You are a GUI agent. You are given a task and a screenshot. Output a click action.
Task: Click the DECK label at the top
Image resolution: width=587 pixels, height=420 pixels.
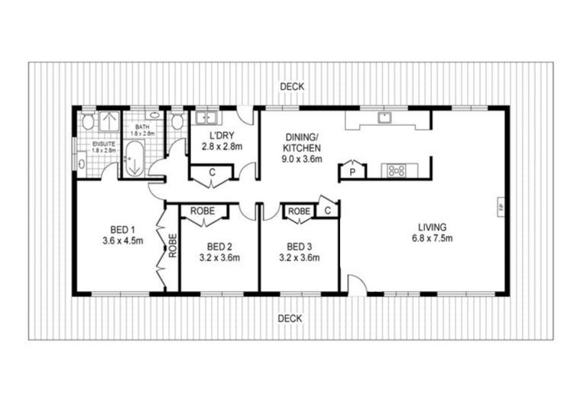tap(291, 87)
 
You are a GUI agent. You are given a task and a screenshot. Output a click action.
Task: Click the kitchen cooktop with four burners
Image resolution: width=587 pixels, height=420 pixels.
tap(397, 170)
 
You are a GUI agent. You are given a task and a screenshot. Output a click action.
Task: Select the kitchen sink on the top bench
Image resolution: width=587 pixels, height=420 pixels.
tap(386, 118)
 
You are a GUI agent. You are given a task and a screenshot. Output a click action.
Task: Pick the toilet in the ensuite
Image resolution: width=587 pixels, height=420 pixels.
tap(88, 121)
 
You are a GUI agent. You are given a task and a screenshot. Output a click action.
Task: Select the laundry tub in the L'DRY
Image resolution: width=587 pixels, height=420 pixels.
tap(204, 118)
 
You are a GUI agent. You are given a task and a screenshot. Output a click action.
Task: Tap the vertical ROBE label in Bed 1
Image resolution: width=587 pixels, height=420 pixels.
tap(173, 245)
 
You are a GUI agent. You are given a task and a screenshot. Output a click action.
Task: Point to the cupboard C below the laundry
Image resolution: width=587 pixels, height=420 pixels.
tap(212, 173)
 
